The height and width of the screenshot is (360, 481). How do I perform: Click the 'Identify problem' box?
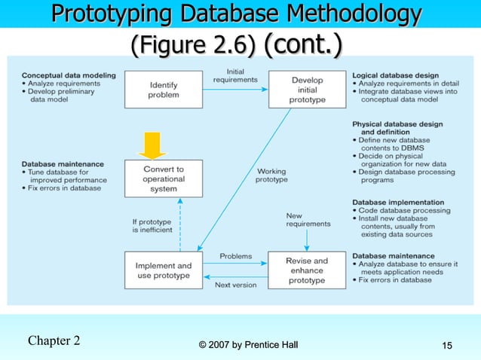(163, 90)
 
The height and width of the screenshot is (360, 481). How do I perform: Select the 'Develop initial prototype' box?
(307, 90)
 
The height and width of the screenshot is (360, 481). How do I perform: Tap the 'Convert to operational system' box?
(163, 178)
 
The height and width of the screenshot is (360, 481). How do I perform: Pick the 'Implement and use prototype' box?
(163, 270)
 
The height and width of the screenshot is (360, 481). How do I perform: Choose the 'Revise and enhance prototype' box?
(307, 270)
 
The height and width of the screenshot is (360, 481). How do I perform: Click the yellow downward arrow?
(153, 144)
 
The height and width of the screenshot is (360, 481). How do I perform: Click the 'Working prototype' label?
(271, 175)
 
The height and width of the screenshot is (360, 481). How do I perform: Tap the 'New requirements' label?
(308, 219)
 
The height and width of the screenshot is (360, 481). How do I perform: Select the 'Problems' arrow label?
(235, 256)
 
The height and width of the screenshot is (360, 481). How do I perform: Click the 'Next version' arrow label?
(235, 285)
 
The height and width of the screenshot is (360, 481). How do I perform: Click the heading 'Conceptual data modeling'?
(69, 75)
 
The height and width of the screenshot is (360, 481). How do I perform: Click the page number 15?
(447, 345)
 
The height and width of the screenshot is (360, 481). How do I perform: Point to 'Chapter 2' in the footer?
(54, 340)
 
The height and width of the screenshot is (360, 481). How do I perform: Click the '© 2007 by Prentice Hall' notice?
(248, 345)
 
